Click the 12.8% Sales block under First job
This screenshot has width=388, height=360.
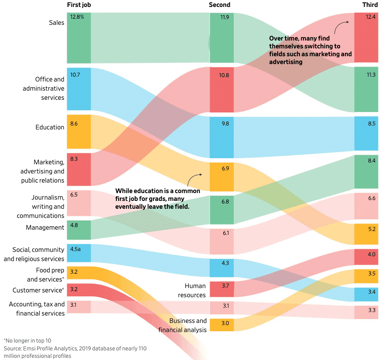click(x=78, y=38)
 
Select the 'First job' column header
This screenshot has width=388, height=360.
click(x=79, y=5)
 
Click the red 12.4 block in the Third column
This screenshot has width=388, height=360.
click(x=366, y=37)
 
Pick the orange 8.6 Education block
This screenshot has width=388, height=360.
click(x=78, y=132)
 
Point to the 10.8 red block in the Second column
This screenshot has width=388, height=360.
click(x=221, y=90)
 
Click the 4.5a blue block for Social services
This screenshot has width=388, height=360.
click(x=78, y=253)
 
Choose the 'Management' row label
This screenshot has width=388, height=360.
click(x=45, y=228)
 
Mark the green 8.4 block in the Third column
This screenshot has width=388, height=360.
click(x=366, y=172)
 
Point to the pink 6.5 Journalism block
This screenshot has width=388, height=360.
click(x=78, y=203)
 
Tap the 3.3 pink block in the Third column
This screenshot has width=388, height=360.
click(x=366, y=312)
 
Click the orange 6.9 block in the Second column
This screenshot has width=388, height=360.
click(x=221, y=177)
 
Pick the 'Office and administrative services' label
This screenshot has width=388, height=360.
click(x=44, y=88)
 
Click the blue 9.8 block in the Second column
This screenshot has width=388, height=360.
click(x=221, y=137)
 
